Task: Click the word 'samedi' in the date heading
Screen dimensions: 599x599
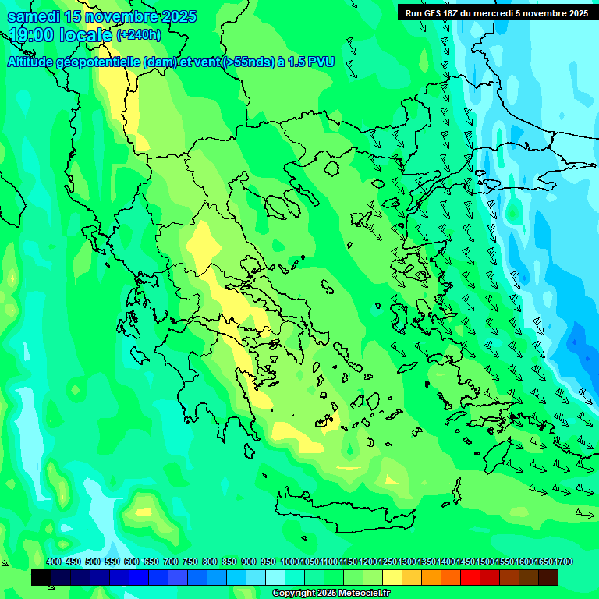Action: [x=33, y=17]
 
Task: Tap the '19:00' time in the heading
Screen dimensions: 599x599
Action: [x=30, y=35]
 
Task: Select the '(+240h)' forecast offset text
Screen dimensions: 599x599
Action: [x=139, y=35]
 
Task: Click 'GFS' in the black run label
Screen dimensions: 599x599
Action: [x=432, y=13]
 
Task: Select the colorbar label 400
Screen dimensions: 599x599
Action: [x=54, y=562]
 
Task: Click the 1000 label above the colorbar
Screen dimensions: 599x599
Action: [x=290, y=562]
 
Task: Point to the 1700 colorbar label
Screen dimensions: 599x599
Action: [x=563, y=562]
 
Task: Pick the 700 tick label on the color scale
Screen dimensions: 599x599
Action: [x=171, y=562]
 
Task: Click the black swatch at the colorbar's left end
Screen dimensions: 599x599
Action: [x=41, y=577]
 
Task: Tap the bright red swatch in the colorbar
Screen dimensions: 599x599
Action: [x=470, y=577]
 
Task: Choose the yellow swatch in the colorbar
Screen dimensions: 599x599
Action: [x=392, y=577]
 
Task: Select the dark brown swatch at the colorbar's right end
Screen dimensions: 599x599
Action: [x=548, y=577]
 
